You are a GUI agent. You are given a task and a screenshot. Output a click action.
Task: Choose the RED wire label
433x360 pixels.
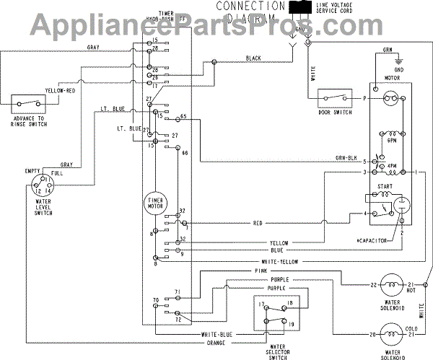258,223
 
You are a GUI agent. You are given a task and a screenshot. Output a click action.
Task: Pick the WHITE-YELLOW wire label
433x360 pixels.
278,261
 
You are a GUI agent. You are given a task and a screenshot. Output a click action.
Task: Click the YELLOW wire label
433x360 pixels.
279,243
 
